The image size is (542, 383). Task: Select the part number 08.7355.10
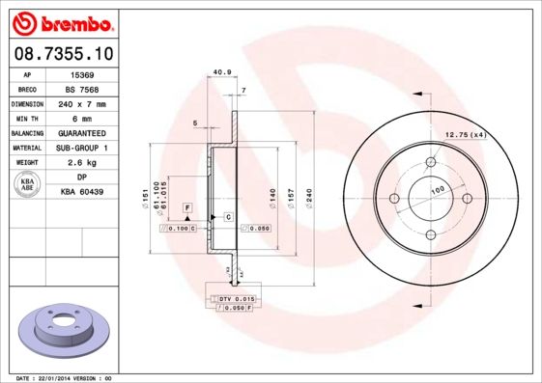61,54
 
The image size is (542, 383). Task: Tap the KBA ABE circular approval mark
27,185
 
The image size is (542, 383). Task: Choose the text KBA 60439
83,193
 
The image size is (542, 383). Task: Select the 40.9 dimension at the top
220,71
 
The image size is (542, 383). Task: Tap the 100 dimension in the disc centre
437,191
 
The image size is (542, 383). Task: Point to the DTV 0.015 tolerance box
234,299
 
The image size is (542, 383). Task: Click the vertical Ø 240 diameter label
308,198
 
